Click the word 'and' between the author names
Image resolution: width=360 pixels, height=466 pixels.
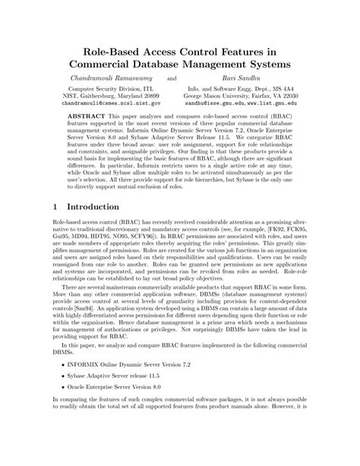tap(171, 79)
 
